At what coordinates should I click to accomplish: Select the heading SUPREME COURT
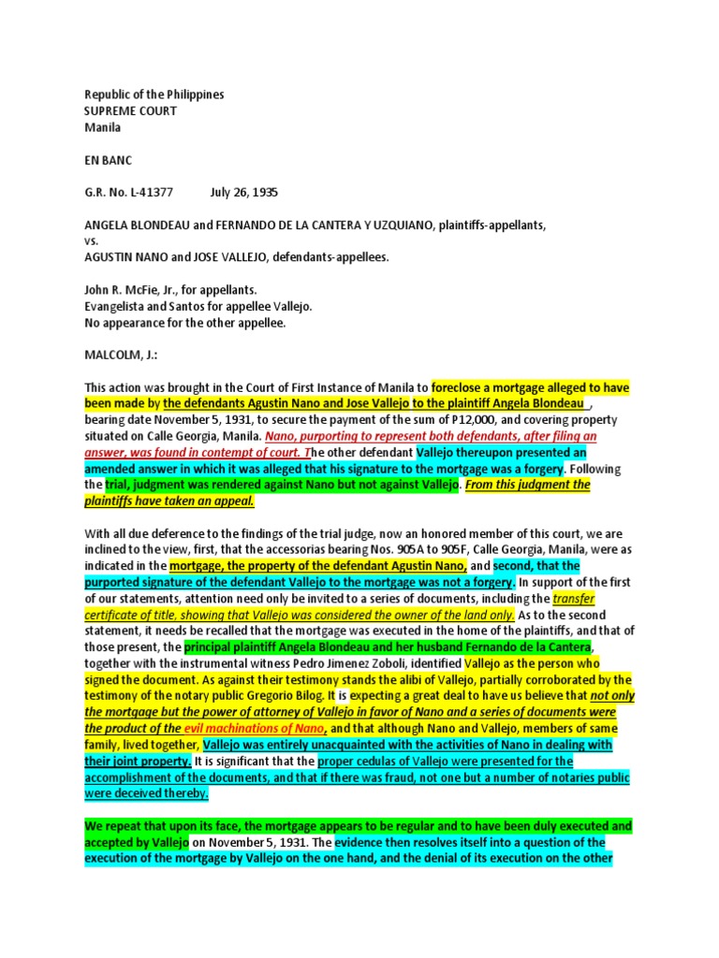point(130,111)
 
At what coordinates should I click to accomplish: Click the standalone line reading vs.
point(91,240)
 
